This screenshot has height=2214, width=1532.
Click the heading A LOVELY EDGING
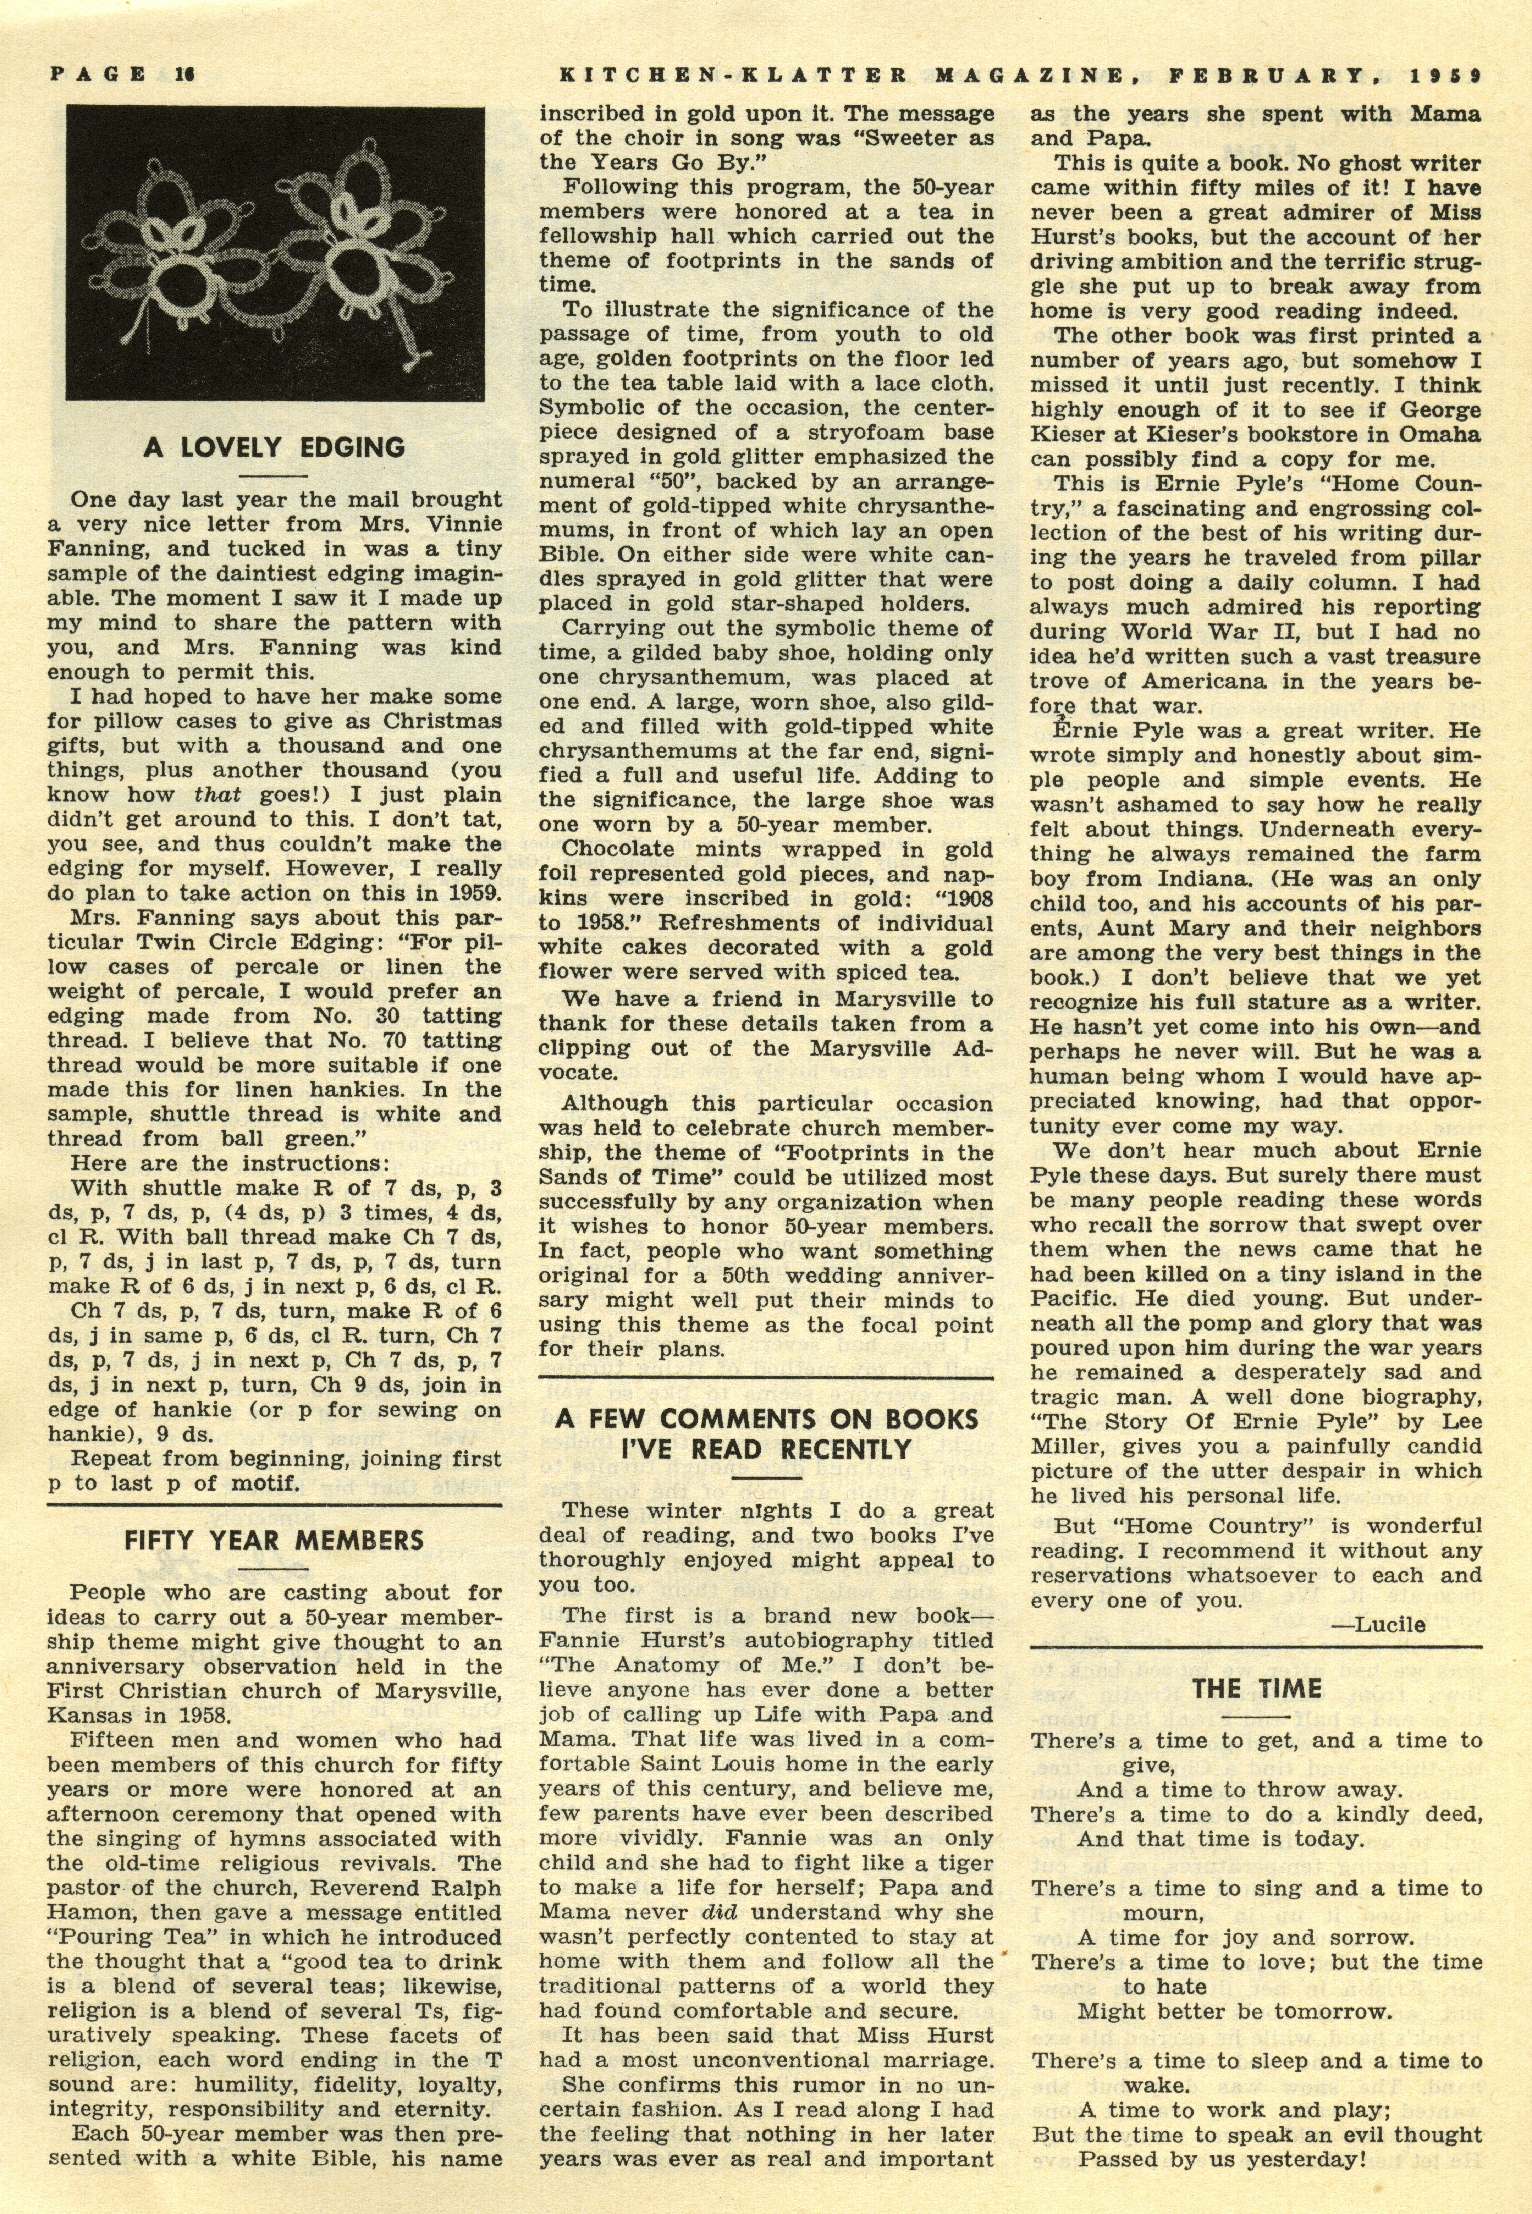tap(275, 447)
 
